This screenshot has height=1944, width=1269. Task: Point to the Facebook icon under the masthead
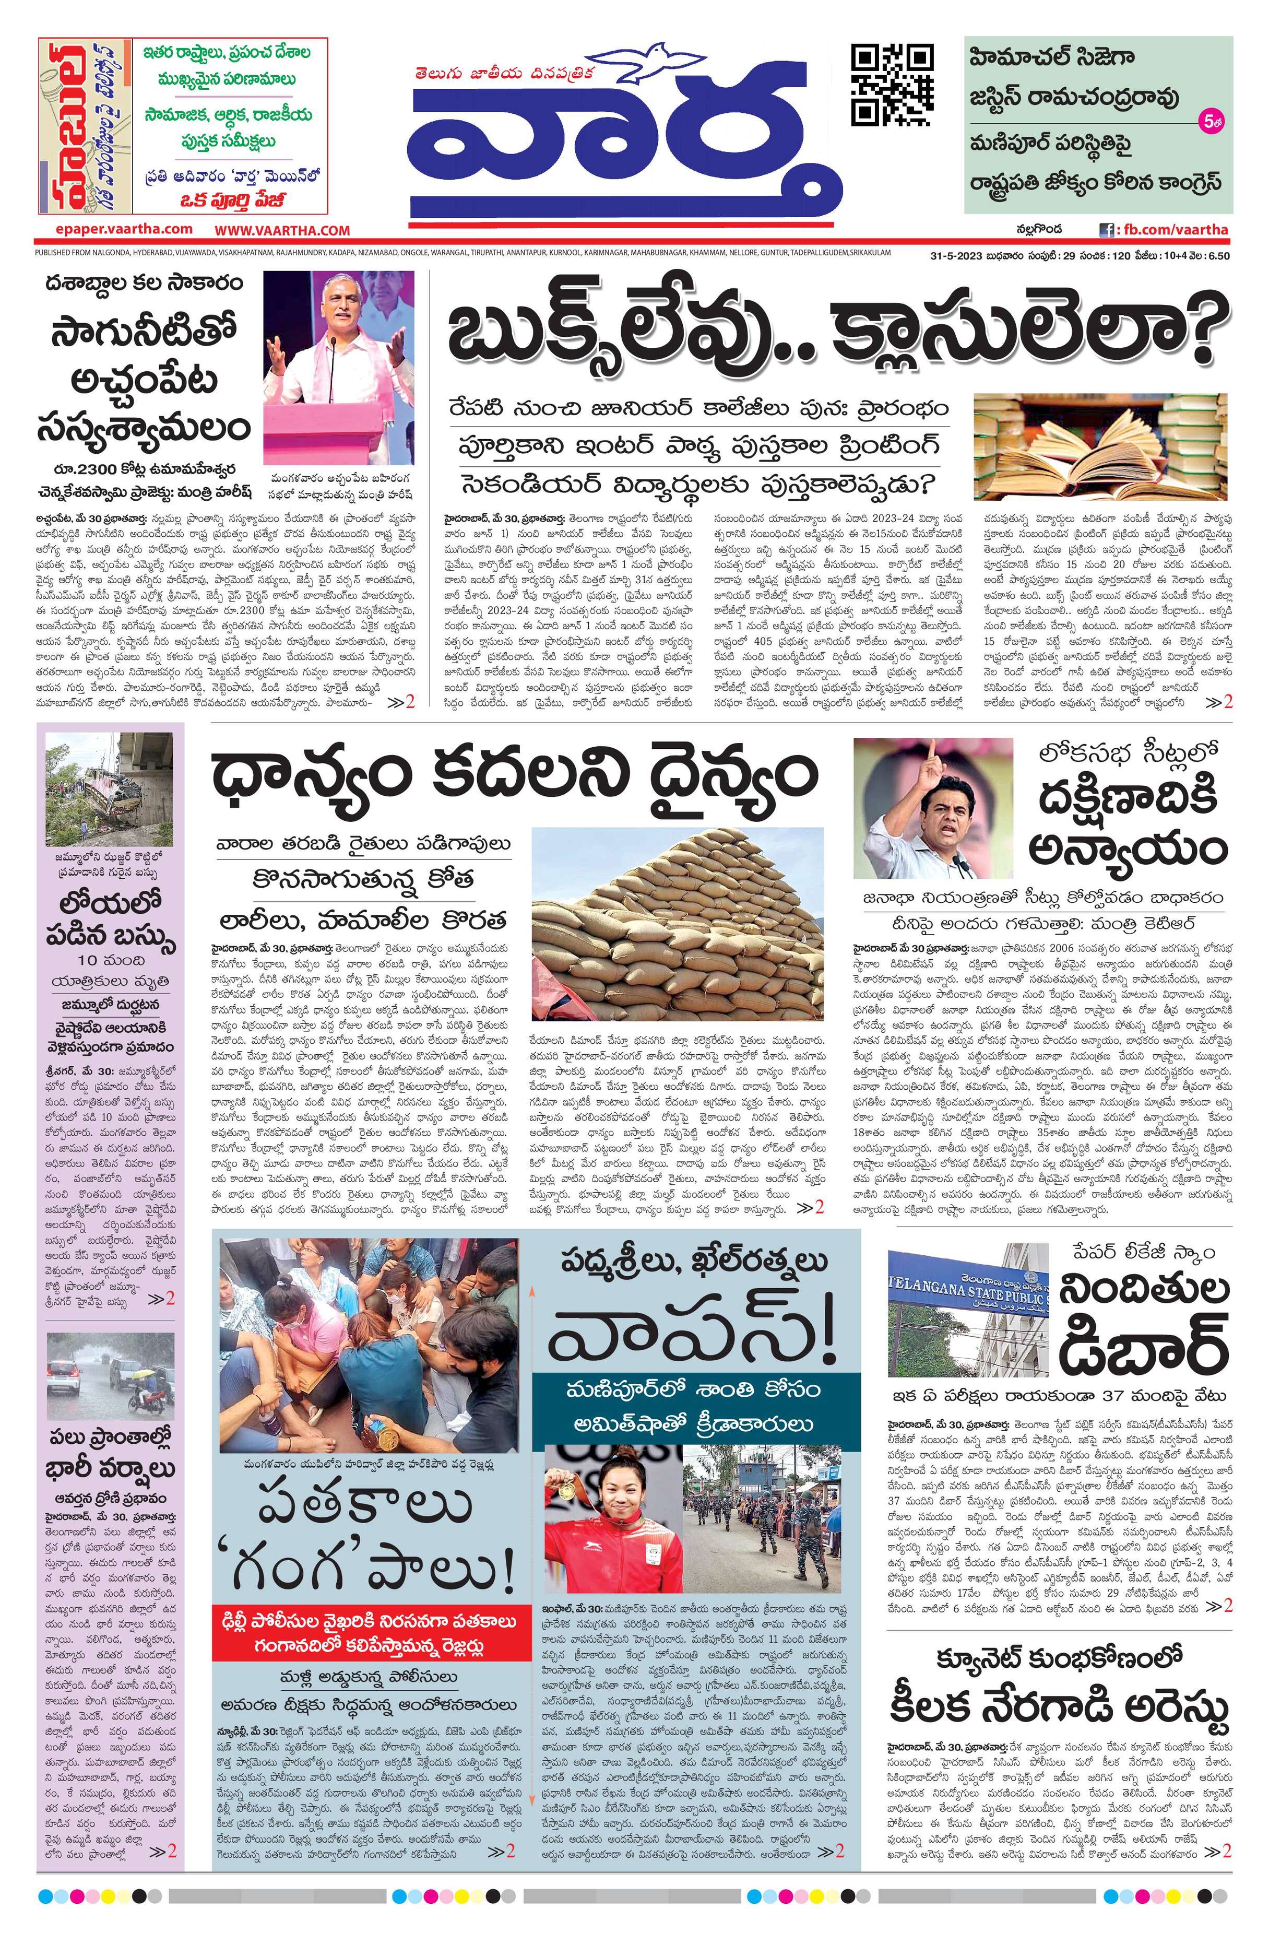[1107, 230]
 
